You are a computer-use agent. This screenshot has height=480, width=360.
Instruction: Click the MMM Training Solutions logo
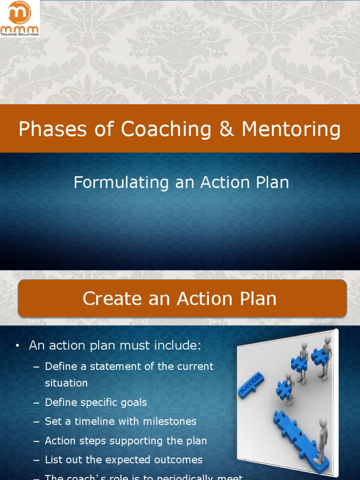[x=20, y=19]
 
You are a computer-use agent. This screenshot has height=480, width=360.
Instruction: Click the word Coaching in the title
[x=165, y=129]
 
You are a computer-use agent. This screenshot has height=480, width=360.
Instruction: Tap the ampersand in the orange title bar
[x=226, y=129]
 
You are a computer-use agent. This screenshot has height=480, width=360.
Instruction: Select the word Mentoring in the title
[x=291, y=129]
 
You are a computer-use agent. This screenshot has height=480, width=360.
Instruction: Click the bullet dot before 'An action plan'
[x=17, y=346]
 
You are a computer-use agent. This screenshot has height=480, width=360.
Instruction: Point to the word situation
[x=66, y=383]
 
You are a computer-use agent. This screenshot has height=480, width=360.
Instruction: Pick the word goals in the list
[x=134, y=403]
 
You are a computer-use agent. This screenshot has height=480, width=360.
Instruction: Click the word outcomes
[x=178, y=460]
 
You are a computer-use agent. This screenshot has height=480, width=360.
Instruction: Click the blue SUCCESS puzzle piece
[x=251, y=385]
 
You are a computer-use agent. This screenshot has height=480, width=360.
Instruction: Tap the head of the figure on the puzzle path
[x=323, y=422]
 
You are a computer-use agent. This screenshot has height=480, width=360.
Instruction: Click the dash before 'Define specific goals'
[x=37, y=403]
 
